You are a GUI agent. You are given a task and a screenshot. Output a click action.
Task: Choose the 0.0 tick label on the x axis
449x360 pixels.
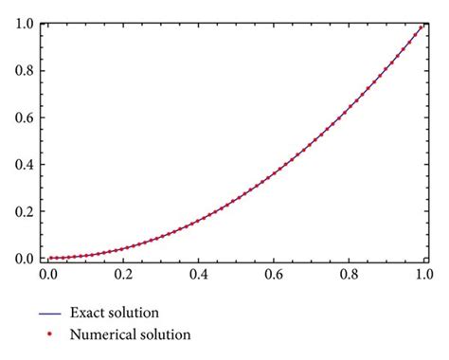coord(47,277)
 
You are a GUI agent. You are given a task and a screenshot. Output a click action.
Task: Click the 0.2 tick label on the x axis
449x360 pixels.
coord(122,277)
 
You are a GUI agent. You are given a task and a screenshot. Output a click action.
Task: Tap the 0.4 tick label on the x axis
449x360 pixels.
coord(198,277)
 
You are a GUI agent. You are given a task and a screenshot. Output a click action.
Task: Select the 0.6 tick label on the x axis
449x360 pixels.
coord(273,277)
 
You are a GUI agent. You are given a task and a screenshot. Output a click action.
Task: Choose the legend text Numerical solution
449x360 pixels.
coord(137,334)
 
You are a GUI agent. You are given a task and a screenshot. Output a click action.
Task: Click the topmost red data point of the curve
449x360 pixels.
coord(420,27)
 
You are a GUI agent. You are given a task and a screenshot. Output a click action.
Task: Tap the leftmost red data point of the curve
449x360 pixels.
coord(51,258)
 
